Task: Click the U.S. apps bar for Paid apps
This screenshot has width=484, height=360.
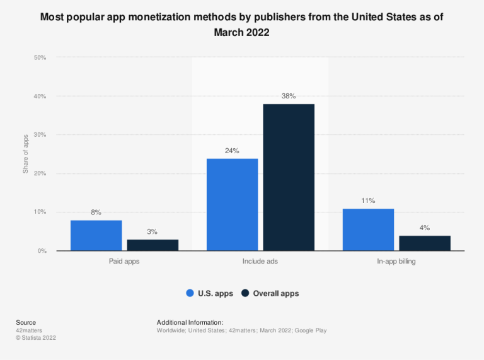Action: (x=96, y=235)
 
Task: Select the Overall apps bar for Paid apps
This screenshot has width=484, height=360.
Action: (x=152, y=245)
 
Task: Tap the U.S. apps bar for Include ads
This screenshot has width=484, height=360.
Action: (x=233, y=204)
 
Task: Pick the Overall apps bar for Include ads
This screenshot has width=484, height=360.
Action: (x=289, y=177)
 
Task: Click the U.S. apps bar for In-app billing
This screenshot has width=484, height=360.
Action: (x=369, y=229)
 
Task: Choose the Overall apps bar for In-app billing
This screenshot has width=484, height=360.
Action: (x=425, y=243)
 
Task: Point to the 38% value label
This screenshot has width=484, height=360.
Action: (x=289, y=96)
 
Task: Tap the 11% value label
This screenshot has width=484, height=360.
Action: (x=369, y=200)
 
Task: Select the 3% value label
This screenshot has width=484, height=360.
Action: (x=152, y=231)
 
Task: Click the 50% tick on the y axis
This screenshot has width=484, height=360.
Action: (x=40, y=57)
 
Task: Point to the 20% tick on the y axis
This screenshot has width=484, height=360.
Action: (x=40, y=173)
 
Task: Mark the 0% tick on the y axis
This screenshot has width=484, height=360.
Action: (x=42, y=251)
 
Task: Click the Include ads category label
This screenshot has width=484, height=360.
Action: (x=260, y=261)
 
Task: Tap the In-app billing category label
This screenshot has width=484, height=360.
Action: (x=396, y=261)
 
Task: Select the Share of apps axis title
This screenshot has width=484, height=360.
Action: (x=26, y=154)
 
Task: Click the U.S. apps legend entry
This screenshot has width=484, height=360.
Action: (x=210, y=293)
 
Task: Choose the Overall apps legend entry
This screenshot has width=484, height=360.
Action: (x=270, y=293)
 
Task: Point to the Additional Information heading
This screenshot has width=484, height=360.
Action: (x=190, y=322)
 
